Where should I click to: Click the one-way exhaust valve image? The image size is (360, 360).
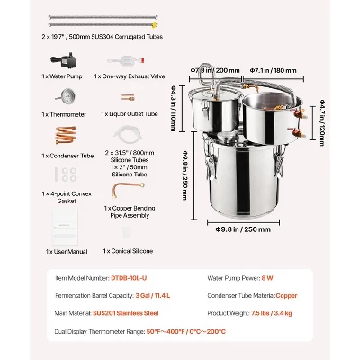tap(128, 62)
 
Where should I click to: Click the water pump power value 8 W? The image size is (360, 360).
tap(271, 277)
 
